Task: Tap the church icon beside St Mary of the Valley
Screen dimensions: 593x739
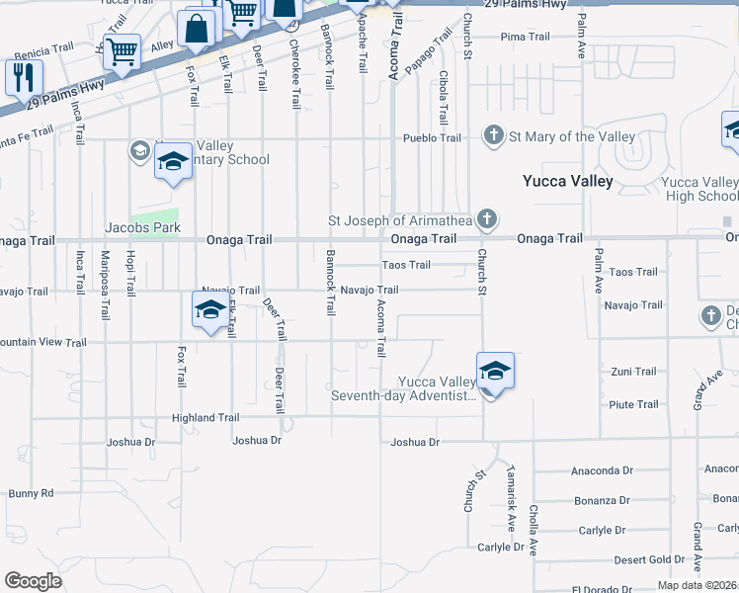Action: tap(491, 134)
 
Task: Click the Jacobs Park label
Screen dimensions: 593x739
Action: tap(143, 228)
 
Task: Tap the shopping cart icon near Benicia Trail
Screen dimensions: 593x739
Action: tap(122, 51)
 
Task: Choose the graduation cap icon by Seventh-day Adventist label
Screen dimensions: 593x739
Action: tap(495, 371)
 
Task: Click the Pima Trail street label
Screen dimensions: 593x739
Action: tap(525, 38)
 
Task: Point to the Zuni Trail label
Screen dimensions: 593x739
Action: tap(632, 372)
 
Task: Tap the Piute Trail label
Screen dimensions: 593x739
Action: tap(633, 404)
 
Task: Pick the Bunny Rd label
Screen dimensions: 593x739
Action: tap(31, 493)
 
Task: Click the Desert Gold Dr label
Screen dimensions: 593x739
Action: tap(641, 559)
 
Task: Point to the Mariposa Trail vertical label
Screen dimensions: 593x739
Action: tap(105, 284)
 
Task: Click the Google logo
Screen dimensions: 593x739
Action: tap(34, 581)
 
